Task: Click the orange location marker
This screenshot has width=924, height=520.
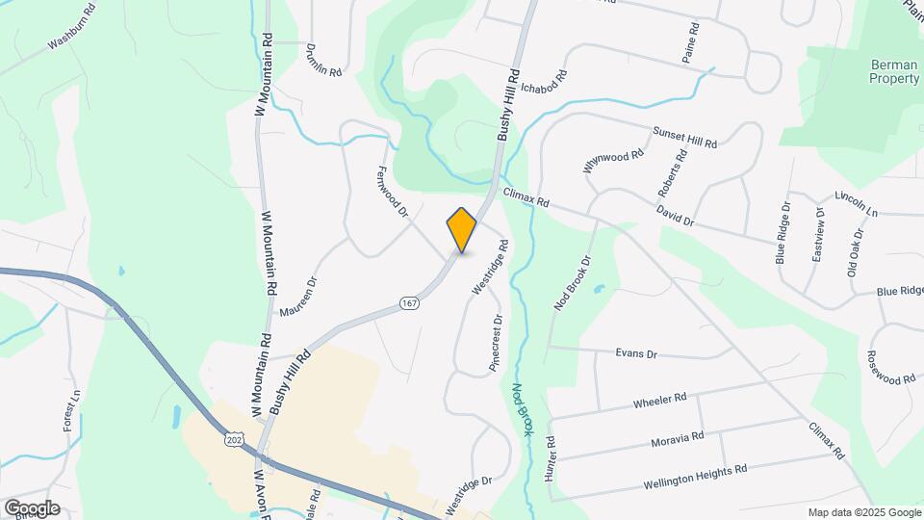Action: tap(462, 230)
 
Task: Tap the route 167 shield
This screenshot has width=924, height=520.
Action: tap(411, 304)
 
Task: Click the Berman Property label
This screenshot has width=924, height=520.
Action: tap(893, 71)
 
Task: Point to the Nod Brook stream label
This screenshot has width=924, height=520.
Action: tap(521, 410)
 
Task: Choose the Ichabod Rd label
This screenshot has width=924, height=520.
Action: tap(543, 87)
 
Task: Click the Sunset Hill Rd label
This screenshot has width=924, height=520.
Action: tap(685, 138)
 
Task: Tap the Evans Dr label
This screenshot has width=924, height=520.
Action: tap(635, 354)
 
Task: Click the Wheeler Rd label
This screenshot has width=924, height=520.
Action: tap(659, 400)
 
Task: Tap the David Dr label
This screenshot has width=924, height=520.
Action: tap(676, 214)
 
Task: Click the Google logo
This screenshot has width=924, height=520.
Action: tap(32, 507)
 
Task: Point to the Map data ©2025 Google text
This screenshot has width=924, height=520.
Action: tap(862, 512)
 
